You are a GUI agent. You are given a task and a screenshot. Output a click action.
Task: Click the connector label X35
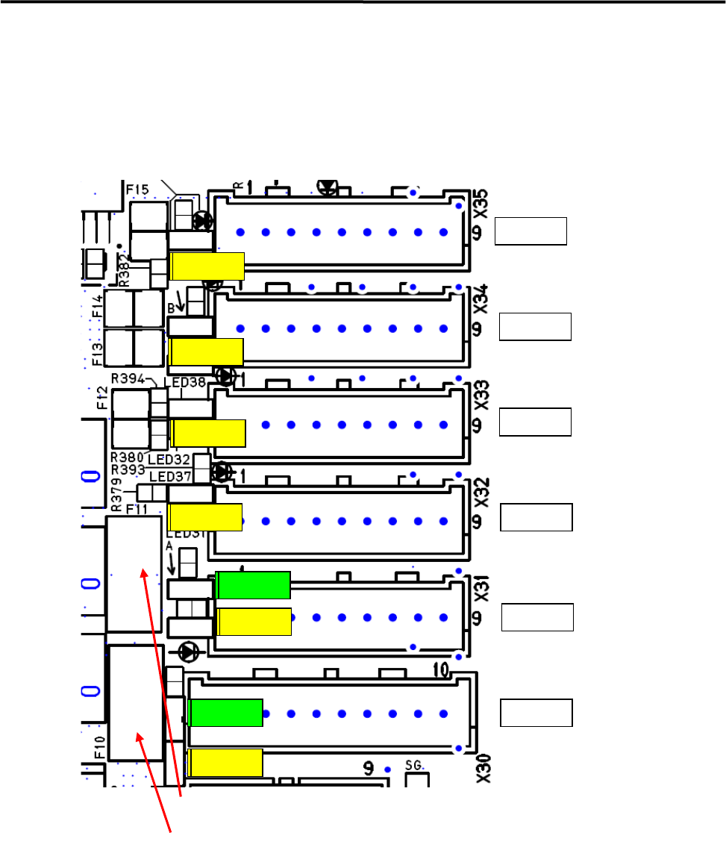[482, 203]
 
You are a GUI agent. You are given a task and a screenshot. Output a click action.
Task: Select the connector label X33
[482, 396]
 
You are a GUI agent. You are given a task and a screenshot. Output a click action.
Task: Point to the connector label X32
[482, 492]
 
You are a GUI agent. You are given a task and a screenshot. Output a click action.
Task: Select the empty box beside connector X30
[536, 713]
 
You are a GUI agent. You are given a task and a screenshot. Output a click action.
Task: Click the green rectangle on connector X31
[253, 585]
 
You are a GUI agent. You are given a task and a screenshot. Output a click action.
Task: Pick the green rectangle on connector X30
[225, 713]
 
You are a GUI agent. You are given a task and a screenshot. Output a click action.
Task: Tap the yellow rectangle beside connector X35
[207, 266]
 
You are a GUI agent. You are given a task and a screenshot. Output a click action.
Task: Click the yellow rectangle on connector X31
[254, 622]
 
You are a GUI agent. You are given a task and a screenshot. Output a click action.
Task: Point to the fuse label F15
[137, 190]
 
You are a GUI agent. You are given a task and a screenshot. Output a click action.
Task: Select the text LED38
[184, 382]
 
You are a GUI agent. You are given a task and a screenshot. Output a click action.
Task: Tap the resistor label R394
[129, 378]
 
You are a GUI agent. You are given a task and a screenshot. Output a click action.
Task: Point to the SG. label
[414, 765]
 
